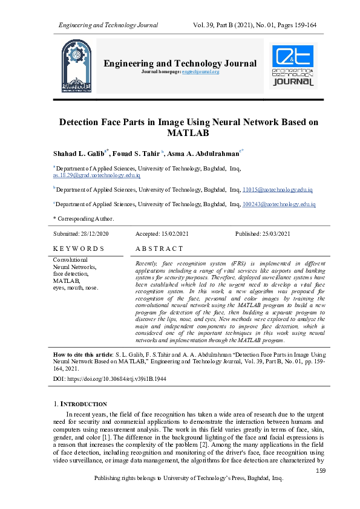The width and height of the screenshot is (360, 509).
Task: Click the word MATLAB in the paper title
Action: (x=188, y=133)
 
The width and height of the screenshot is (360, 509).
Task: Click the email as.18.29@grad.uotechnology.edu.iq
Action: (x=97, y=175)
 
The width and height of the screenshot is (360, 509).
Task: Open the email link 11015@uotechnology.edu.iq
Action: (x=278, y=190)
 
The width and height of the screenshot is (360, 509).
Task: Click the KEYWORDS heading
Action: (x=79, y=248)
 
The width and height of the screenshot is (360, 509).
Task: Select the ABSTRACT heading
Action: (x=159, y=248)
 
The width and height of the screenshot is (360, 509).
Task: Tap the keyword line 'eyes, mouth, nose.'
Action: (x=76, y=288)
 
